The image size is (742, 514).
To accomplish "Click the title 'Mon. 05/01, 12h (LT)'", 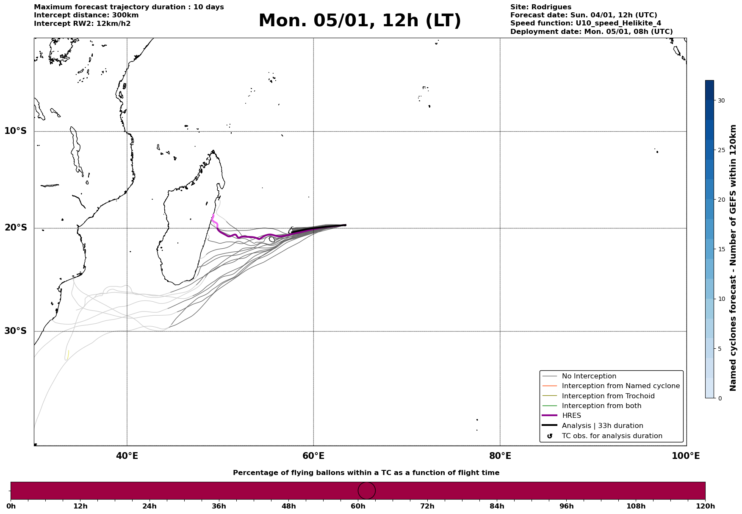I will [x=360, y=21].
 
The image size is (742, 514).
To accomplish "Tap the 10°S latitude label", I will [x=16, y=131].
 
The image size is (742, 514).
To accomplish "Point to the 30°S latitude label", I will [x=16, y=331].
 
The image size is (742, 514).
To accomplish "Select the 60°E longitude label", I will [x=313, y=456].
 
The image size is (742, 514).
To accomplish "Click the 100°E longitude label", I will [x=686, y=456].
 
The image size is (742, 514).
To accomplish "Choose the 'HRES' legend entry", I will [x=571, y=416].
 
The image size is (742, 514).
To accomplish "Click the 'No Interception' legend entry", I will [x=589, y=376].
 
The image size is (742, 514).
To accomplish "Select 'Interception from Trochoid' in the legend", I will [x=608, y=396].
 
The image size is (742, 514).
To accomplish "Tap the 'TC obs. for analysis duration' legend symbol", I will [x=550, y=436].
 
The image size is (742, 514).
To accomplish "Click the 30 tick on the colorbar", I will [x=721, y=100].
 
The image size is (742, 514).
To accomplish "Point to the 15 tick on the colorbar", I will [x=721, y=249].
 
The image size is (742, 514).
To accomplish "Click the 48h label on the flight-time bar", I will [x=288, y=506].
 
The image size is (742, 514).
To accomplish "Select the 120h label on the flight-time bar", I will [x=705, y=506].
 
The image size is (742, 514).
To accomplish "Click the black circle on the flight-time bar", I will [x=367, y=491].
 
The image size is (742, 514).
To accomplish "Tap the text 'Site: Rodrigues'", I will [x=540, y=7].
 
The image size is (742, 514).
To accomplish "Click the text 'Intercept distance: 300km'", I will [x=86, y=15].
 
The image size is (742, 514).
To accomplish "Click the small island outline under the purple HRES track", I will [x=272, y=239].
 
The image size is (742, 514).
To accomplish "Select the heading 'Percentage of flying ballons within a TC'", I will [x=366, y=473].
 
